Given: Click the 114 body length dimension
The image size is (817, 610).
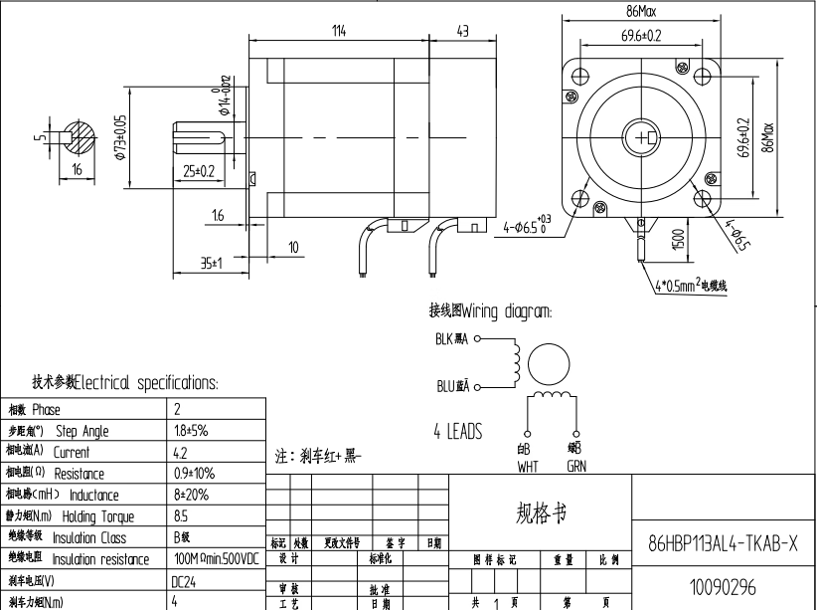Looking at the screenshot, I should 339,31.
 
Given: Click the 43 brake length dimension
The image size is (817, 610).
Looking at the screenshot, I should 462,31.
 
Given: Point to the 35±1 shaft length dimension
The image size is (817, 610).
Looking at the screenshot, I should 210,264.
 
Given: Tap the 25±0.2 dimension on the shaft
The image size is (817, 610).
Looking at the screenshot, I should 200,170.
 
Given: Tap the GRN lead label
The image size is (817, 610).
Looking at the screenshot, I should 576,465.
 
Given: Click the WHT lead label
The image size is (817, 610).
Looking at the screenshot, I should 528,465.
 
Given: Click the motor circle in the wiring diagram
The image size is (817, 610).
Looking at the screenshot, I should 548,365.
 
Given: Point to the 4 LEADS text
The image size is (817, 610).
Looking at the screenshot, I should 457,432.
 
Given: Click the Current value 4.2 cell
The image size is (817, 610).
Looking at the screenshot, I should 180,452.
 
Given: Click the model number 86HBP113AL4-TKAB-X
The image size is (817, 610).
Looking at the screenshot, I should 723,543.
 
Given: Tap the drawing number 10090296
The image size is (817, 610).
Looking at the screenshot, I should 723,588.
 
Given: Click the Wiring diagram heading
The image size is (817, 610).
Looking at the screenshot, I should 490,310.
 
